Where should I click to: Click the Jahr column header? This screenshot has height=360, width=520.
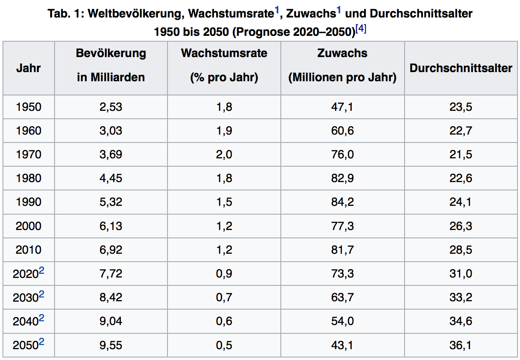point(28,68)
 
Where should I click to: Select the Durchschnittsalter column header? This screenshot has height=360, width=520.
point(461,68)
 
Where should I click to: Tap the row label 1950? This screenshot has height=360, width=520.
point(29,107)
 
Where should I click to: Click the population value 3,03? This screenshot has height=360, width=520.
point(111,131)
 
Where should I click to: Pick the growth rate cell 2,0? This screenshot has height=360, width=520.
point(224,155)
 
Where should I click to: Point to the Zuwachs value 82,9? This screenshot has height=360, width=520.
point(342,178)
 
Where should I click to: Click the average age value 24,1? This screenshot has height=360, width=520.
point(461,202)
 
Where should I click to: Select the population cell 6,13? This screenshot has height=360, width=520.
point(111,226)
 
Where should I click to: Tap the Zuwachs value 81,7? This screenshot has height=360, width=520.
point(342,250)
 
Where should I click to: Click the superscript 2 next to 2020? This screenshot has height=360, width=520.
point(41,270)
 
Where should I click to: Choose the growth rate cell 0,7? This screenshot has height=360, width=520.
point(224,297)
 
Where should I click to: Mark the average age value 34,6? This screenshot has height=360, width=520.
point(461,321)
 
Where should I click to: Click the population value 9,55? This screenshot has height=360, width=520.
point(111,345)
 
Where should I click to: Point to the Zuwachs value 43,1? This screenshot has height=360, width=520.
point(342,345)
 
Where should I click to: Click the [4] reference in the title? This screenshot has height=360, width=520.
point(361,29)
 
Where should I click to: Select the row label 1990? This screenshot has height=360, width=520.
point(29,202)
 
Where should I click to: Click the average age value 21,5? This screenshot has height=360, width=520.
point(461,155)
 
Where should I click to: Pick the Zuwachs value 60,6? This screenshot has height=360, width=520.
point(342,131)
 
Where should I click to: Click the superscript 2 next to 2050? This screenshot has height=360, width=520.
point(41,342)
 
